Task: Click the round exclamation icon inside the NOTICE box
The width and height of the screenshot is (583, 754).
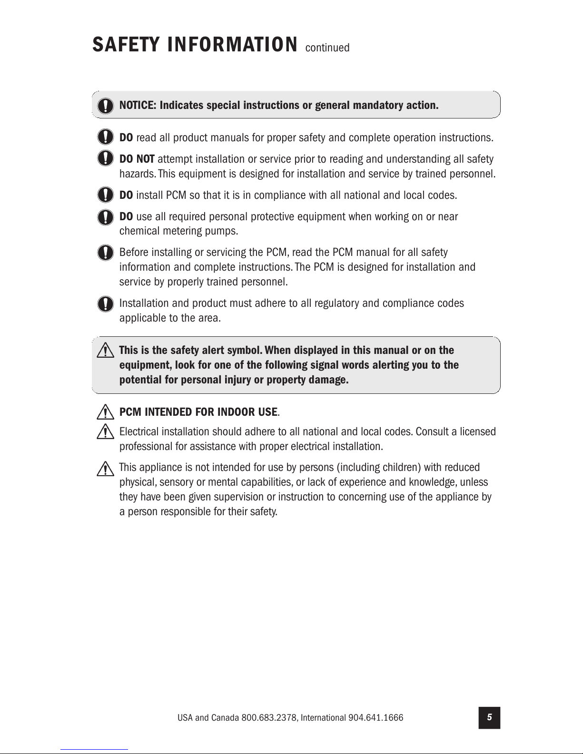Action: pos(106,105)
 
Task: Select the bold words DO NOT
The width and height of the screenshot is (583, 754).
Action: pos(137,159)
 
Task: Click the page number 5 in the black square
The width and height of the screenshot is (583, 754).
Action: pos(489,717)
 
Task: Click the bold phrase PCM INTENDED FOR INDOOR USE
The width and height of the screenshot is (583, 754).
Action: pos(198,411)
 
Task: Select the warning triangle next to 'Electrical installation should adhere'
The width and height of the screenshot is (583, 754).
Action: pos(103,432)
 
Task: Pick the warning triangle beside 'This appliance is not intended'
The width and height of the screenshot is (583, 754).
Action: pos(103,469)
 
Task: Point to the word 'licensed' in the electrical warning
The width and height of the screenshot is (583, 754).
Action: pos(477,431)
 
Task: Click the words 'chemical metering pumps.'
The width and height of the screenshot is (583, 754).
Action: pos(178,231)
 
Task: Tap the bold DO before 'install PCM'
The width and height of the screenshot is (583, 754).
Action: pos(126,195)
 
